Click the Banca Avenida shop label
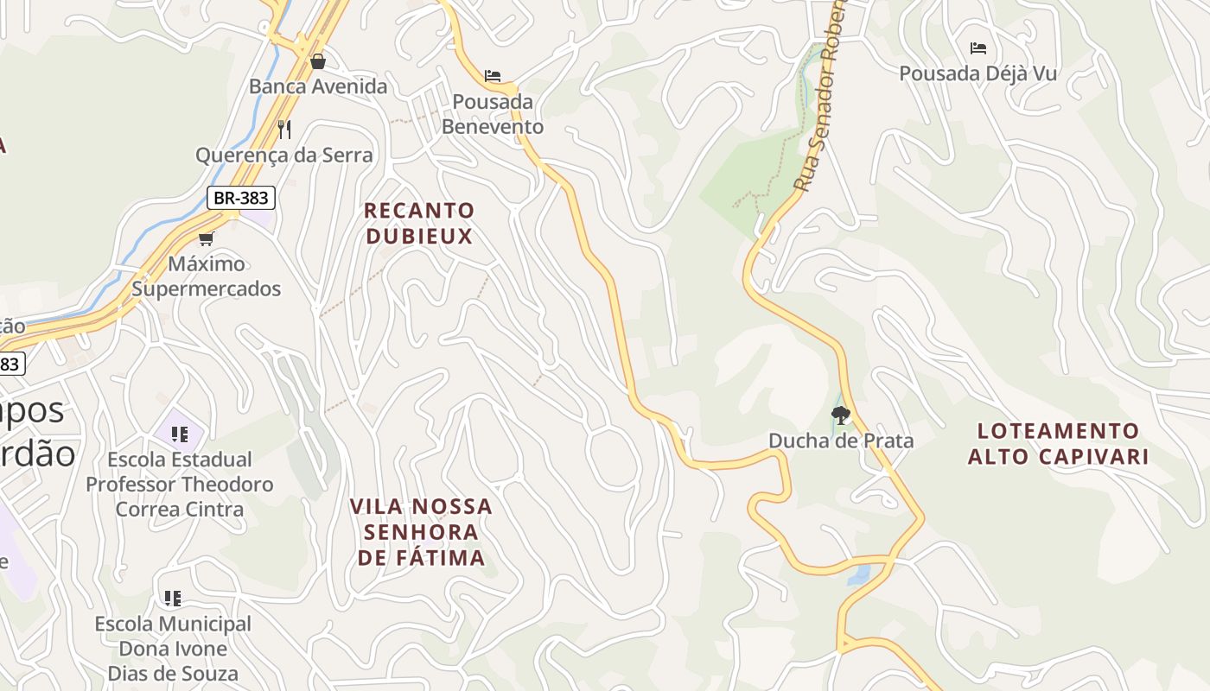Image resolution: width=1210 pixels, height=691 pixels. tap(318, 86)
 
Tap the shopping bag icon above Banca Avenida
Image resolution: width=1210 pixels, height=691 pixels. tap(318, 61)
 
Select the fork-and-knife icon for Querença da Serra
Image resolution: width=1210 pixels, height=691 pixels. tap(284, 130)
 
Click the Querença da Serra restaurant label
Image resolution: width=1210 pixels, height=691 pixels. tap(284, 155)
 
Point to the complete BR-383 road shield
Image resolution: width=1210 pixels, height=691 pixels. tap(241, 198)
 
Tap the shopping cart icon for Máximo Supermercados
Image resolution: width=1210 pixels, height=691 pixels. tap(206, 238)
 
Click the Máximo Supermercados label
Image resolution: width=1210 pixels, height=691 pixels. tap(207, 276)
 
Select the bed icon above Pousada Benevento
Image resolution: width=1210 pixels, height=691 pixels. tap(493, 76)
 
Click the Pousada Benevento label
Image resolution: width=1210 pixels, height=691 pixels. tap(493, 114)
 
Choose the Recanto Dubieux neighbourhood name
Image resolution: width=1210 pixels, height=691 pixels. tap(419, 223)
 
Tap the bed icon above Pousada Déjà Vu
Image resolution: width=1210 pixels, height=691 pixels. tap(978, 48)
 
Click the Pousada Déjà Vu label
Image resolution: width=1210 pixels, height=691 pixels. tap(978, 73)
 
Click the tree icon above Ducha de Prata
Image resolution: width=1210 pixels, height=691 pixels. tap(840, 415)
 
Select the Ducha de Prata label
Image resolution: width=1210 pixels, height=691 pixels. tap(841, 441)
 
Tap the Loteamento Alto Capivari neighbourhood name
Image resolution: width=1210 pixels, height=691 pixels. tap(1059, 444)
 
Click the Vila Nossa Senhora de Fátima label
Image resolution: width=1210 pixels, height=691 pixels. tap(422, 532)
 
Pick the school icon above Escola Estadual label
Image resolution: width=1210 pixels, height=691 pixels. tap(180, 434)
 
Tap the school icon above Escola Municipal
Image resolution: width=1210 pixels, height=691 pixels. tap(173, 598)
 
